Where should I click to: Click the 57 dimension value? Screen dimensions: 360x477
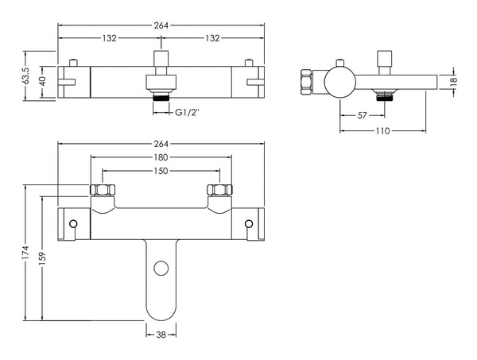coord(361,115)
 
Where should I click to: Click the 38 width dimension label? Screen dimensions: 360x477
coord(161,335)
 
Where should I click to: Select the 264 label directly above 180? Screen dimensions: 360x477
coord(161,143)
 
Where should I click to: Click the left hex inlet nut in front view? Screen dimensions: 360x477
coord(102,191)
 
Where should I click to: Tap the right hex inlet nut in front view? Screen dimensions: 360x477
coord(219,191)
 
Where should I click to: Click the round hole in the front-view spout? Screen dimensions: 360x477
coord(161,268)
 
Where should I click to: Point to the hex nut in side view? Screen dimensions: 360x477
coord(306,82)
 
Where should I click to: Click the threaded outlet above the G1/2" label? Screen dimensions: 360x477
coord(161,99)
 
